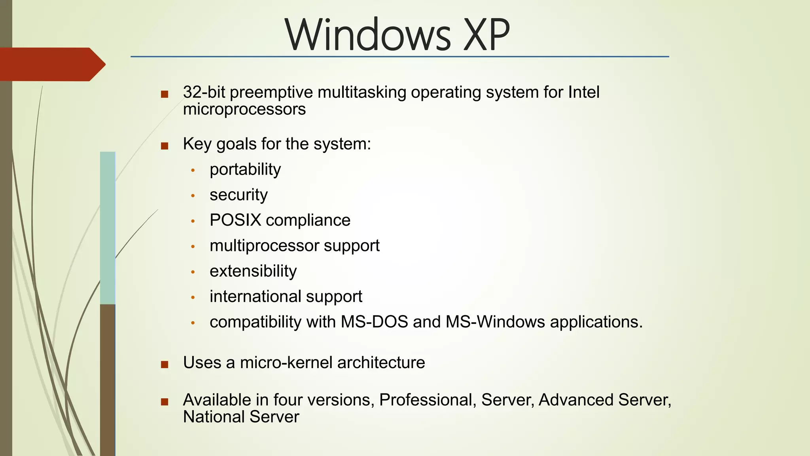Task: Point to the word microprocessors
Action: tap(244, 109)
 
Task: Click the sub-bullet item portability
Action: tap(245, 169)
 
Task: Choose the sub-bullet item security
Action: tap(238, 195)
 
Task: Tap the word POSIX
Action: tap(235, 220)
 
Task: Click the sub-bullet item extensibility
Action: tap(253, 271)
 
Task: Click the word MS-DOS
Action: tap(374, 322)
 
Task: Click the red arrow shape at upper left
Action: tap(51, 64)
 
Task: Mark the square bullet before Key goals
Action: tap(165, 146)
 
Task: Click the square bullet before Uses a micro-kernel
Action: tap(165, 364)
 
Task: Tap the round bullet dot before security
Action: tap(193, 196)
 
